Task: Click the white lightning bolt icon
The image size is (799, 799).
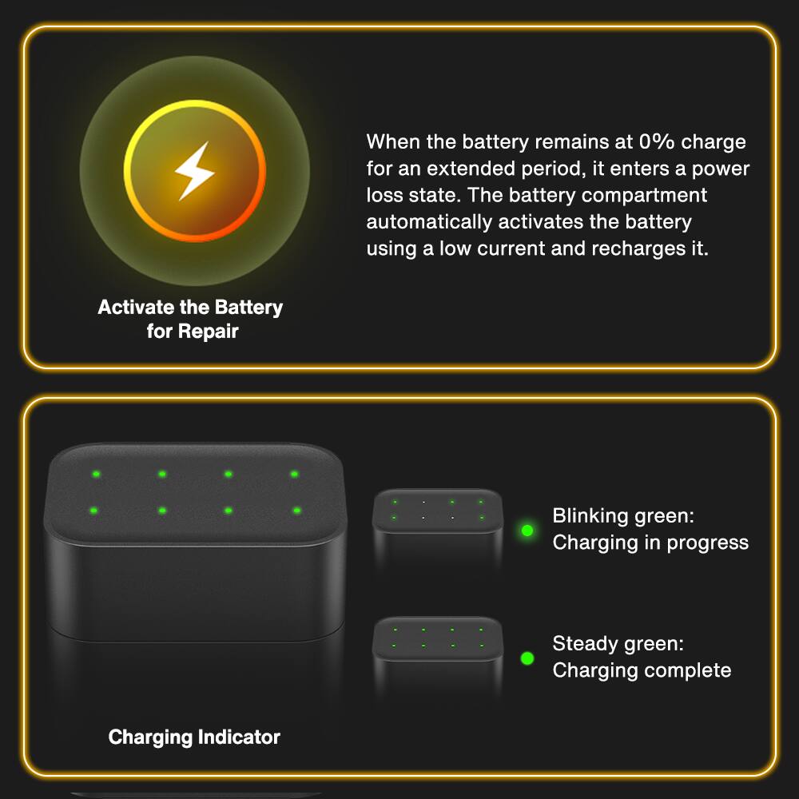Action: pos(194,170)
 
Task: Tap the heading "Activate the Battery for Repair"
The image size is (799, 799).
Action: pos(190,319)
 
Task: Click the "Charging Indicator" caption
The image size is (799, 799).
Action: pos(194,737)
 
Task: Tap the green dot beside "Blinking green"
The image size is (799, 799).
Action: pos(527,530)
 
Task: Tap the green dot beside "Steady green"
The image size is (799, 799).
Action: pos(527,658)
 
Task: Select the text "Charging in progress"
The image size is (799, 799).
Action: pos(650,543)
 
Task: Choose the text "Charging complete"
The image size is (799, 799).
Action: pos(642,670)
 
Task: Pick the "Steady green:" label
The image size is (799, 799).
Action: pos(618,643)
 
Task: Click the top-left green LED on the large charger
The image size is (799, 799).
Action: pos(96,475)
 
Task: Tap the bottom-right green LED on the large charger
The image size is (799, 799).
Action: pos(296,511)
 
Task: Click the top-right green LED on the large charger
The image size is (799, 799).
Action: pos(294,475)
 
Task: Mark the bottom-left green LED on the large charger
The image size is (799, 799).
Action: pos(94,511)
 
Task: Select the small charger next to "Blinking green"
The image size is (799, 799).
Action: pos(437,527)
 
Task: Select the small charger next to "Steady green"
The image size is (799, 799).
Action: pos(437,654)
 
